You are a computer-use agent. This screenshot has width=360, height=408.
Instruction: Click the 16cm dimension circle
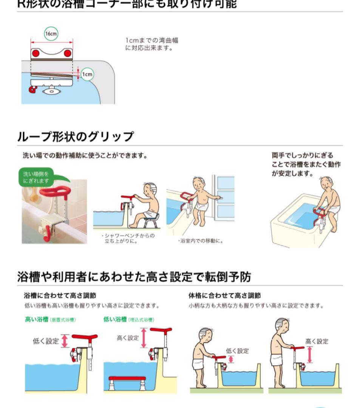(x=51, y=34)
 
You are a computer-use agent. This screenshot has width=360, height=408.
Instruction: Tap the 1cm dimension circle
(x=87, y=74)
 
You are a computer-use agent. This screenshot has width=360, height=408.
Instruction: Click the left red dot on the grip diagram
(x=35, y=53)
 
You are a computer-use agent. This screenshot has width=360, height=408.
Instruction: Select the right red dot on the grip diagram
(x=68, y=53)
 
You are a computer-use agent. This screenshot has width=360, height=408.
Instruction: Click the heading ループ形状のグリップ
(x=75, y=136)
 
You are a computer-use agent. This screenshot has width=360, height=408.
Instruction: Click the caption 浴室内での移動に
(x=200, y=241)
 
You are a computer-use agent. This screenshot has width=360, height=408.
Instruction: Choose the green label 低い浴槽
(x=115, y=319)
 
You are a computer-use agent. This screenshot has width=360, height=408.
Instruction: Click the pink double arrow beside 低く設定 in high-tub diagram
(x=65, y=341)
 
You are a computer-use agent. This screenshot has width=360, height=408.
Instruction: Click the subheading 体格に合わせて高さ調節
(x=224, y=295)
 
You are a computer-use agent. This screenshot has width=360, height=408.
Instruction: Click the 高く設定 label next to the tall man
(x=317, y=342)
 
